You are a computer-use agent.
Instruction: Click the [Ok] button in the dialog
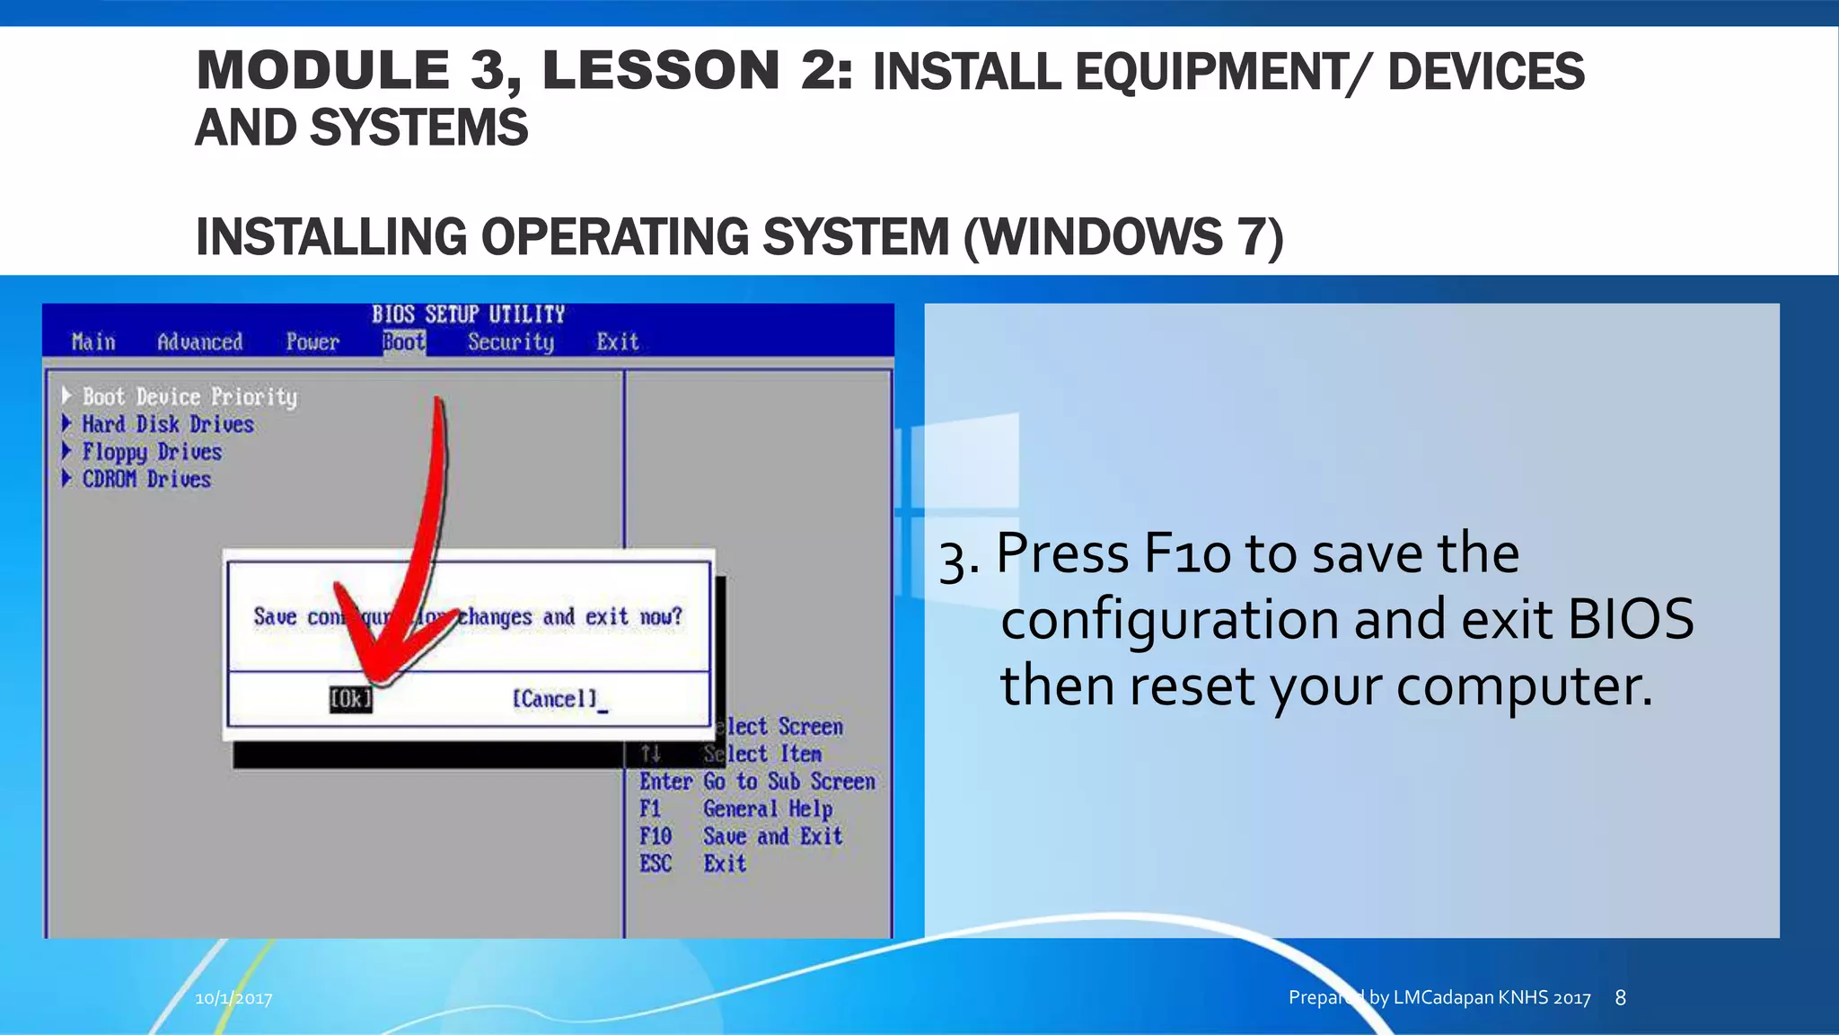(350, 699)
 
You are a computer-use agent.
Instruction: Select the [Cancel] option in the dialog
(554, 699)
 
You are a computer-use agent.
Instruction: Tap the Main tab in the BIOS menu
(93, 342)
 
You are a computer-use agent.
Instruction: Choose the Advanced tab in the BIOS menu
(199, 342)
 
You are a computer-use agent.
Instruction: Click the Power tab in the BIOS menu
(312, 342)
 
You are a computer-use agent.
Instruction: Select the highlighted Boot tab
(404, 342)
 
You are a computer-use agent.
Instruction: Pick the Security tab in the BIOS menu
(511, 342)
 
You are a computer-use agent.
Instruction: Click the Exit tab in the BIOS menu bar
(618, 342)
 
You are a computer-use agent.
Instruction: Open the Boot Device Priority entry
(189, 397)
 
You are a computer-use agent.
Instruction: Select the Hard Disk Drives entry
(168, 424)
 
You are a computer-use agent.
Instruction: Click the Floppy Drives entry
(152, 452)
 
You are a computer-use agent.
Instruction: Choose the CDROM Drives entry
(146, 479)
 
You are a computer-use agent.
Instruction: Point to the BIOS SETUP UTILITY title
(468, 314)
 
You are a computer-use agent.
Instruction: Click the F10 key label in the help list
(656, 836)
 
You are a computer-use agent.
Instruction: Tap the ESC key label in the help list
(656, 864)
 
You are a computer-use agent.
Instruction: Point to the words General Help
(768, 809)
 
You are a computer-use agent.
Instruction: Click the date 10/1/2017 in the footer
(233, 998)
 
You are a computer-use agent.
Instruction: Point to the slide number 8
(1620, 997)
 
